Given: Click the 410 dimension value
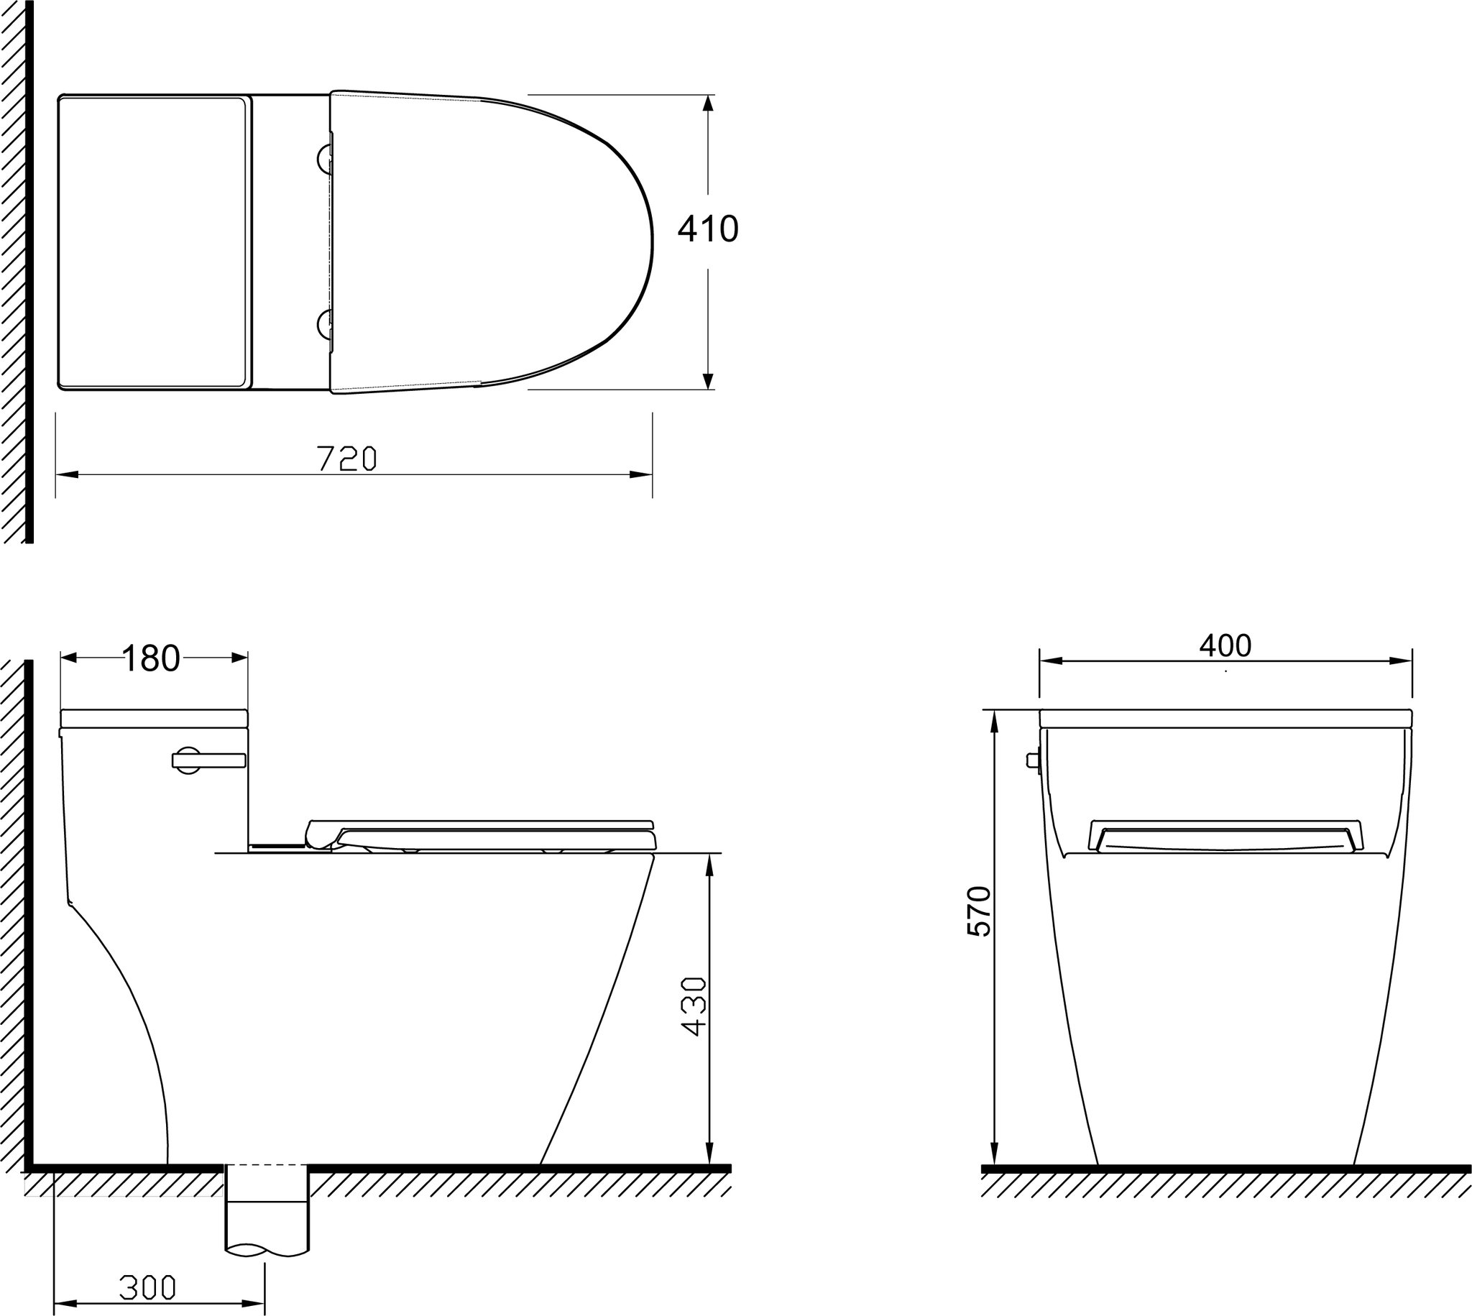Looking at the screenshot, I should pos(707,229).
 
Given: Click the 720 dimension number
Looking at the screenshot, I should pos(347,459).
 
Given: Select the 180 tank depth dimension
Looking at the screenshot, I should pos(150,659).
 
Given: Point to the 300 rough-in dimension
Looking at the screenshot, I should pos(147,1287).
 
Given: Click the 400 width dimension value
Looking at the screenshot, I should pos(1225,645).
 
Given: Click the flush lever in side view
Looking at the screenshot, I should pos(209,760).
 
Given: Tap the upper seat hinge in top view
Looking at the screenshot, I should pos(326,157).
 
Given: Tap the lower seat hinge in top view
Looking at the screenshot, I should pos(326,325).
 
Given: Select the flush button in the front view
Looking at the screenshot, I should pos(1033,760).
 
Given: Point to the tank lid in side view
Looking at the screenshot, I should pos(154,717).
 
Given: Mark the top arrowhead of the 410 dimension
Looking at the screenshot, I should pos(708,103).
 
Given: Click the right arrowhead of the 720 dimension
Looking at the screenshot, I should pos(642,474).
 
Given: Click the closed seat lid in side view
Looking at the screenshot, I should pos(481,825).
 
